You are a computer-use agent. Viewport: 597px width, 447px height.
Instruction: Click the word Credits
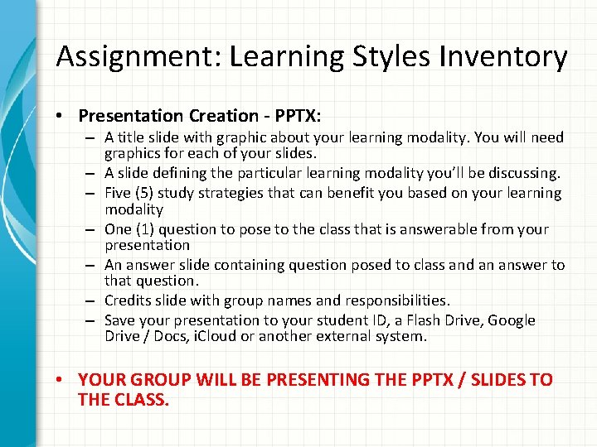[x=128, y=300]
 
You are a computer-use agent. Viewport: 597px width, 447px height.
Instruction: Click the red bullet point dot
[x=63, y=380]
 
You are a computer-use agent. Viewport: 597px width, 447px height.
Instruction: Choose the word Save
[x=121, y=320]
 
